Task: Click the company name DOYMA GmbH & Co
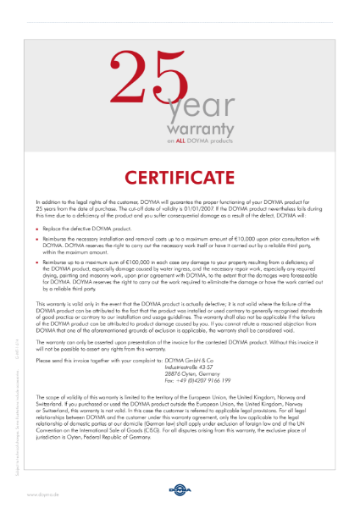click(x=191, y=360)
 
